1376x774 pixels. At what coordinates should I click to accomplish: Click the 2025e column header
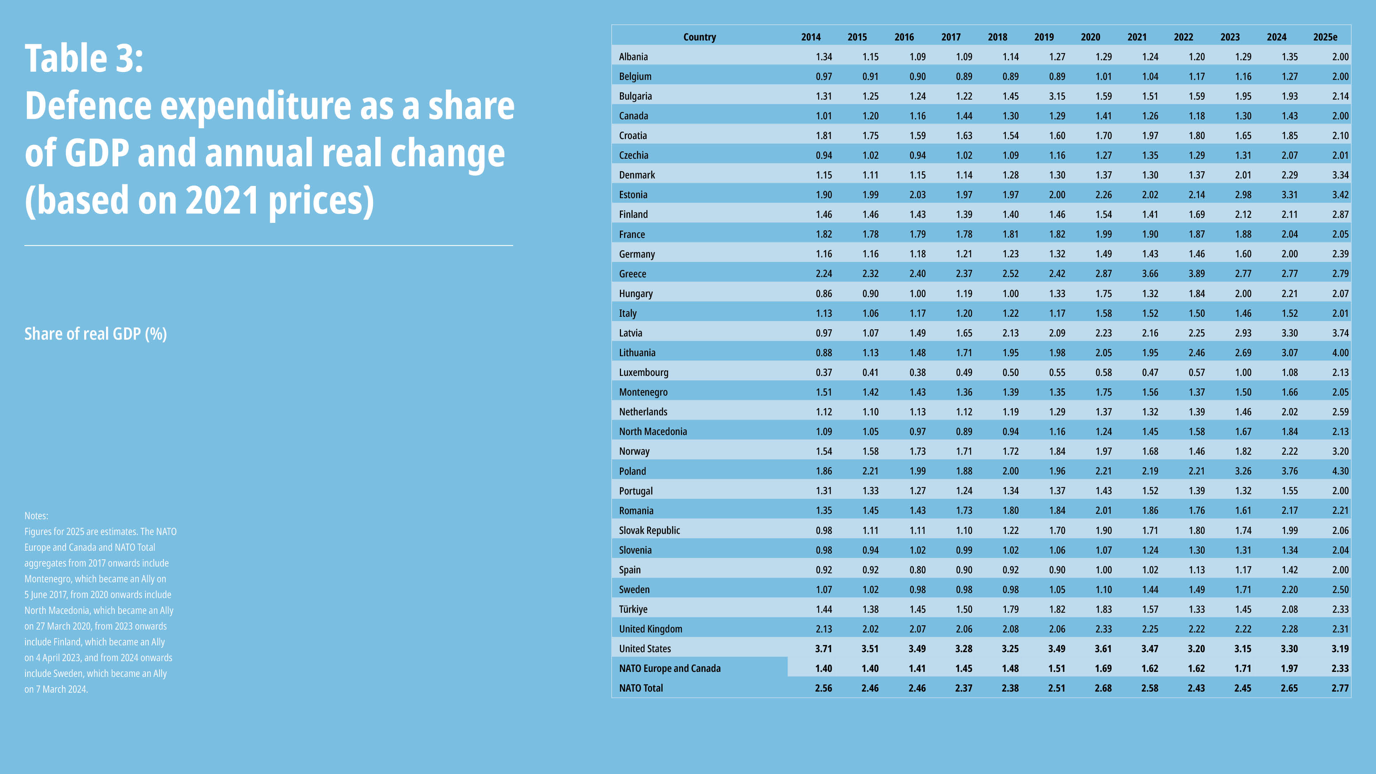(1325, 37)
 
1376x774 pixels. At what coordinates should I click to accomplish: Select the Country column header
(699, 37)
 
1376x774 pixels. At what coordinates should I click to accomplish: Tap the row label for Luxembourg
(643, 372)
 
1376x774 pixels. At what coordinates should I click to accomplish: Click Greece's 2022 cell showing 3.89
(1196, 273)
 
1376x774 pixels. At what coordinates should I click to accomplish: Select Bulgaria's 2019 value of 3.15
(1057, 96)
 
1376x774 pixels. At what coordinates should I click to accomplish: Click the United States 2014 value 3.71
(823, 649)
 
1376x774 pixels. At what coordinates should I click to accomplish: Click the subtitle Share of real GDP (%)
(96, 334)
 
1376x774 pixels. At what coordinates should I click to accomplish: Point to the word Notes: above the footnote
(36, 516)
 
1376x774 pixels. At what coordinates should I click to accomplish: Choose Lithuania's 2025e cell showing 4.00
(1340, 353)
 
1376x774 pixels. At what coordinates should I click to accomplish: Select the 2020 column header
(1090, 37)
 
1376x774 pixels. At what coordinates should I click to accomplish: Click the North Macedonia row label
(653, 431)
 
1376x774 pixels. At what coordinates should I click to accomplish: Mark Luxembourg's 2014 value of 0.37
(823, 372)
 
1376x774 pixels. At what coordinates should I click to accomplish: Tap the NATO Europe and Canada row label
(669, 668)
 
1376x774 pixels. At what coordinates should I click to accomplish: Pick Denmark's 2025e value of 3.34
(1340, 175)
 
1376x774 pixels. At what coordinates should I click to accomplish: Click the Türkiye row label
(633, 609)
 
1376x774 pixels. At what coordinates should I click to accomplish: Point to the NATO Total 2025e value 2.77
(1340, 688)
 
